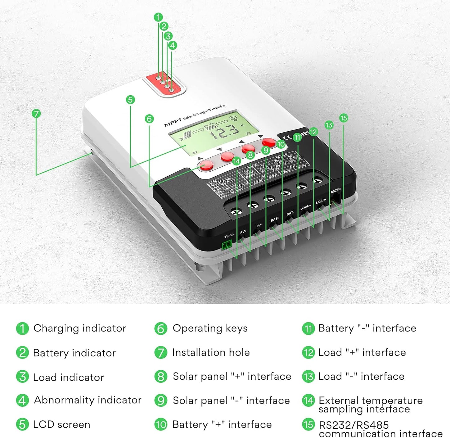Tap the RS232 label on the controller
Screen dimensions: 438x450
tap(335, 190)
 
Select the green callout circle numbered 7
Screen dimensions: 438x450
tap(36, 113)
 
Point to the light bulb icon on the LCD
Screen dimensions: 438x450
tap(233, 118)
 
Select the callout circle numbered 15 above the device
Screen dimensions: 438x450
tap(343, 118)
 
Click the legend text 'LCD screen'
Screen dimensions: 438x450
tap(61, 424)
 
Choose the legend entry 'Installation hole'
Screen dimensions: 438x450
tap(211, 352)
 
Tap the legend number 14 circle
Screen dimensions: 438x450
tap(308, 400)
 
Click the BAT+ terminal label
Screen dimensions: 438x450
tap(274, 220)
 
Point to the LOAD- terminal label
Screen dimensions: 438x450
tap(321, 202)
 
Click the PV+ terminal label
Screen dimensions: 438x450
tap(243, 232)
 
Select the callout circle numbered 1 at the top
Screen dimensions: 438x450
tap(158, 17)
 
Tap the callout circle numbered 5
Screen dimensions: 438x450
tap(130, 100)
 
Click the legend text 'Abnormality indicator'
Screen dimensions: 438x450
tap(88, 400)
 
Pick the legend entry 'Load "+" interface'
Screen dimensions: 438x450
tap(362, 352)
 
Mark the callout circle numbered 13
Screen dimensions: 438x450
tap(329, 125)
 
